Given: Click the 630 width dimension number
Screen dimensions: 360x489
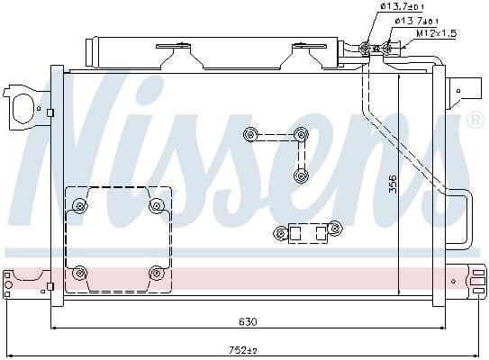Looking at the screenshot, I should point(248,321).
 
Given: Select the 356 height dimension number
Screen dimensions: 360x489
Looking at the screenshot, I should point(393,184).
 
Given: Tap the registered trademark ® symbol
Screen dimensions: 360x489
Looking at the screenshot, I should point(475,120).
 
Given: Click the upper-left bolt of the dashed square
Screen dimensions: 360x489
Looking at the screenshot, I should point(80,206).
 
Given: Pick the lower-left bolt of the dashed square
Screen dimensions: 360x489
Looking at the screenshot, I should point(80,272).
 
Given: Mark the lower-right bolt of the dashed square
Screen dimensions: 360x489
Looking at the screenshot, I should point(157,272).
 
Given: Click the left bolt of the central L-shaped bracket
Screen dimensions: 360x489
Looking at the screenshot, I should point(249,136).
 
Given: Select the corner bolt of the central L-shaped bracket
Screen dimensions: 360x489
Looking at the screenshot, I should point(301,136).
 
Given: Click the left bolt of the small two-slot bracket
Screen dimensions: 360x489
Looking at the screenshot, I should point(281,235).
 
